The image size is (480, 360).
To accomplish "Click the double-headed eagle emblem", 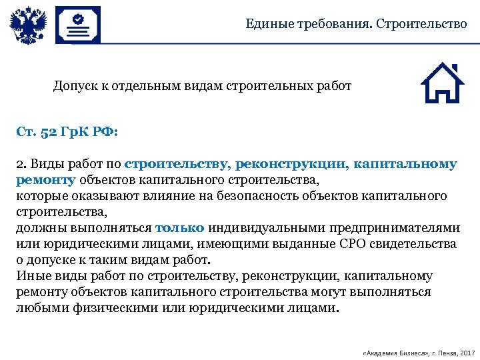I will coord(29,25).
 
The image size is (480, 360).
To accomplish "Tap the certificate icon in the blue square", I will coord(77,25).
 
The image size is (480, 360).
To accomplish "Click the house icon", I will coord(443,83).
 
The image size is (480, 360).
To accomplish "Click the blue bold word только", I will coord(179,228).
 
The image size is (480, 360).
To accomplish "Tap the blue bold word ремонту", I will coord(45,180).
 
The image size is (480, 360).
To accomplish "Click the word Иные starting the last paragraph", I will coord(31,276).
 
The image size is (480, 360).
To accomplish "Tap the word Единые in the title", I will coord(267,25).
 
